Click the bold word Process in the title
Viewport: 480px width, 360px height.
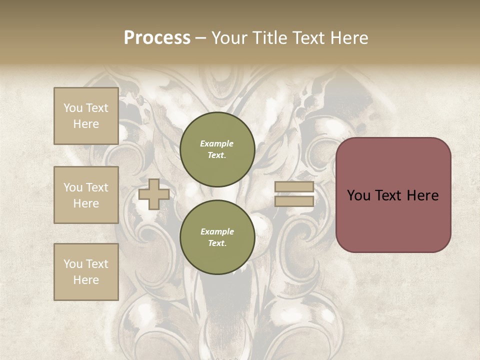point(157,38)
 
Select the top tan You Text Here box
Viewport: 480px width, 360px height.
point(86,116)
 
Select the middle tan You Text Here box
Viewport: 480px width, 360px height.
point(86,195)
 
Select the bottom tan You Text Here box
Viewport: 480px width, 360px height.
point(86,272)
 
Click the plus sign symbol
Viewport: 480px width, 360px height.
point(154,194)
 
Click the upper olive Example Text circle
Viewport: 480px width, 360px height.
point(217,149)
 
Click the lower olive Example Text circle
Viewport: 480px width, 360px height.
point(217,237)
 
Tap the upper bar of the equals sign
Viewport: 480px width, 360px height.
point(294,187)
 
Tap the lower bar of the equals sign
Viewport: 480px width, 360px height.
point(294,201)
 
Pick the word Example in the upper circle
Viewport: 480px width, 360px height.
point(217,143)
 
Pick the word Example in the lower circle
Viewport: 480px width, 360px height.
point(217,231)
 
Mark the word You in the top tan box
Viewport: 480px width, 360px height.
point(73,108)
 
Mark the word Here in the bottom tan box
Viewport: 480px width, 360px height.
point(86,280)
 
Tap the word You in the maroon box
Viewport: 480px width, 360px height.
point(358,195)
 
